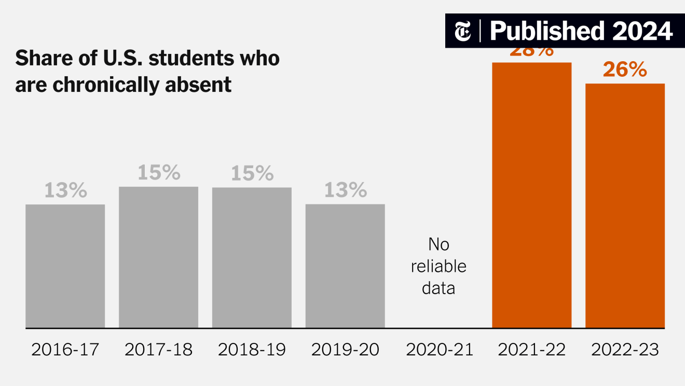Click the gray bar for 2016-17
65,266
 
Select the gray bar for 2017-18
158,257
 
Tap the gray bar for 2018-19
252,258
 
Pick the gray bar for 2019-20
345,266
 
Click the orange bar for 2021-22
531,195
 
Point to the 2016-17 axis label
65,350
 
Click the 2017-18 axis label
158,350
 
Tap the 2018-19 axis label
252,350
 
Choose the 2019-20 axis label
345,350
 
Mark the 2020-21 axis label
440,350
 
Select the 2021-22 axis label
531,350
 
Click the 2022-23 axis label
625,350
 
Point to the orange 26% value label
625,70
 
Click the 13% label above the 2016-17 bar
65,191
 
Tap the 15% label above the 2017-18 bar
158,173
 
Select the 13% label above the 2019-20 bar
345,191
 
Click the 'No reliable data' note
439,266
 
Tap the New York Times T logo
463,32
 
